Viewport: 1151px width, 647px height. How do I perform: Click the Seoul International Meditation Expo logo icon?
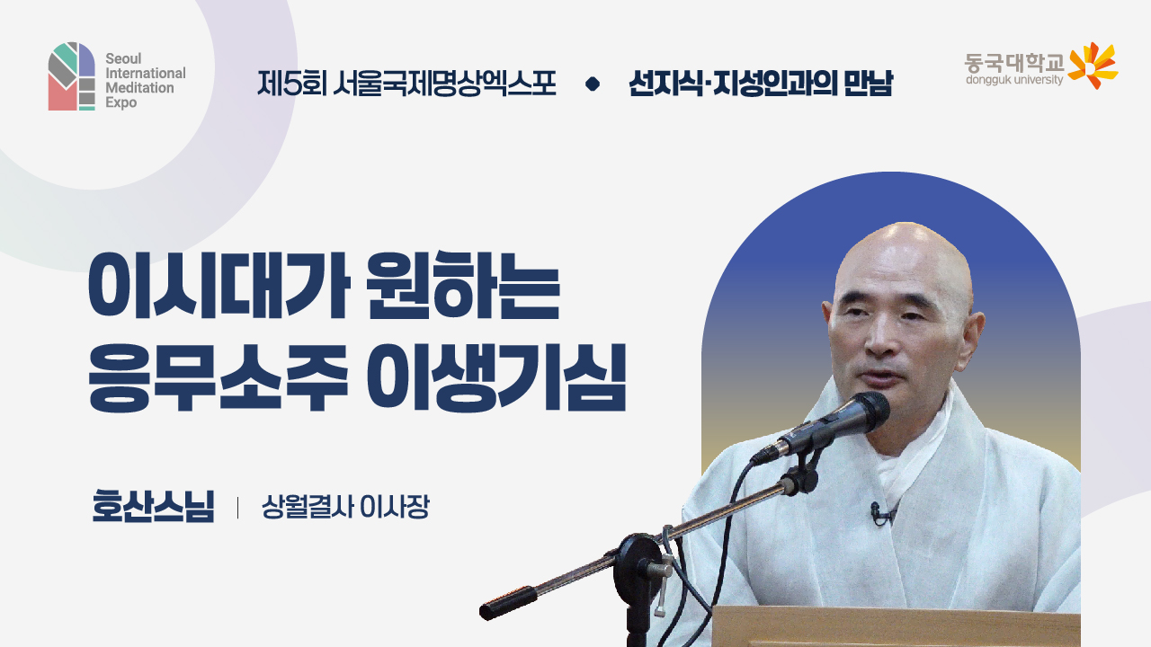(71, 76)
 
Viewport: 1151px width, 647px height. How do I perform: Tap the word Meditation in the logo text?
(139, 88)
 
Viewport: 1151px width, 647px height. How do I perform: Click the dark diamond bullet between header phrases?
(592, 84)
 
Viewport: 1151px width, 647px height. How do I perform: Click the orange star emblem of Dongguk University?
(1092, 65)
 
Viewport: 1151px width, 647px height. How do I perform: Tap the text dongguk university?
(1013, 80)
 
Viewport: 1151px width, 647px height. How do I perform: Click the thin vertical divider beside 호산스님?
(237, 508)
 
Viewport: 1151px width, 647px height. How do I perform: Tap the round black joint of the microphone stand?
(640, 554)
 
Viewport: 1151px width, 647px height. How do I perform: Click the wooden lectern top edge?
(895, 612)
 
